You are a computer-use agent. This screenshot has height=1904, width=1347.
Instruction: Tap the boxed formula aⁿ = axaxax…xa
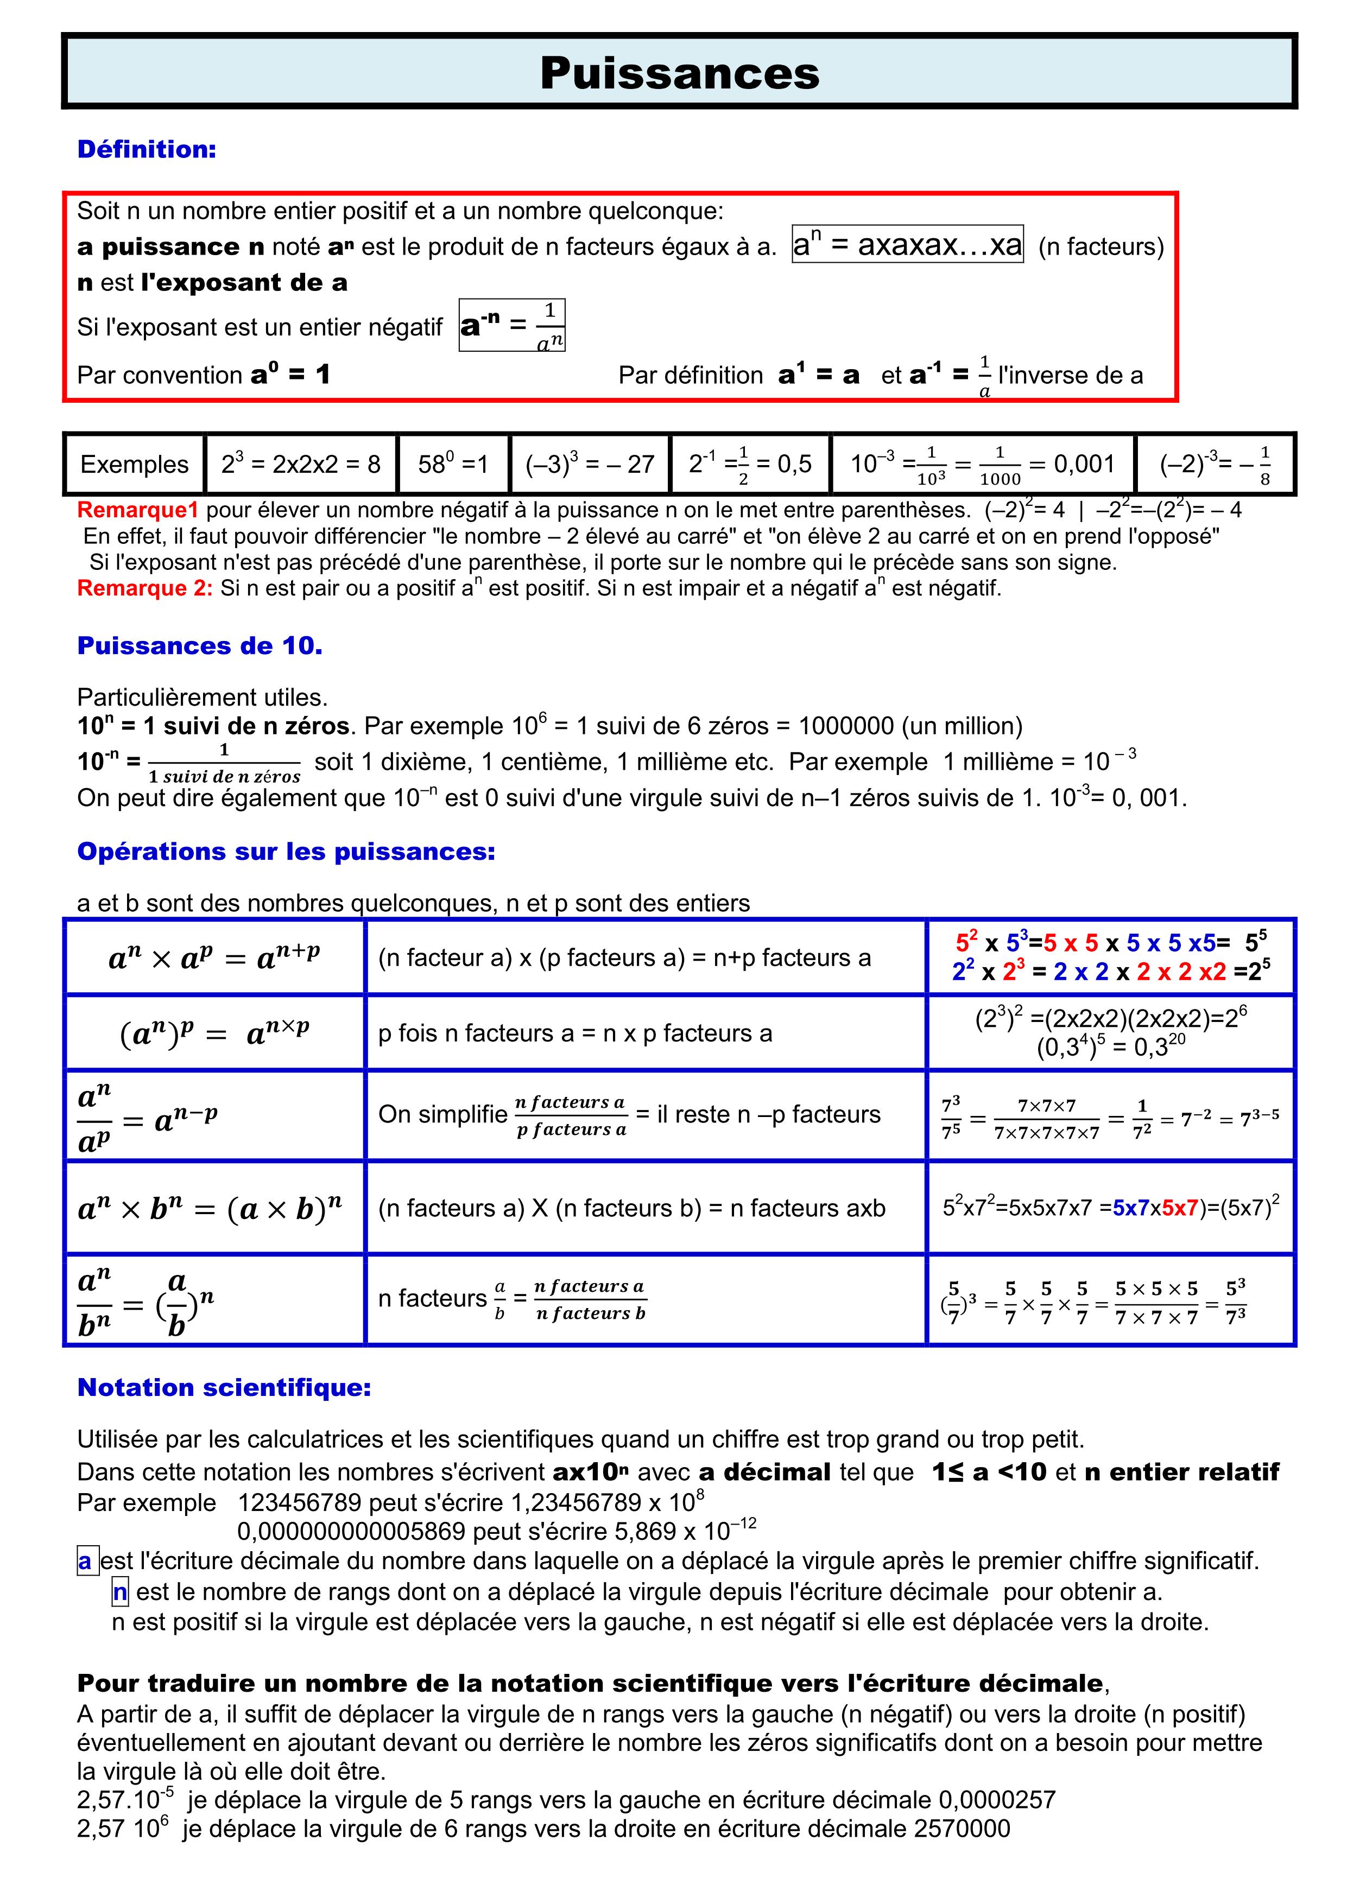(x=907, y=245)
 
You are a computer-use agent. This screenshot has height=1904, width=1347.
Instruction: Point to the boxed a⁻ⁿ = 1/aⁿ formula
(x=512, y=325)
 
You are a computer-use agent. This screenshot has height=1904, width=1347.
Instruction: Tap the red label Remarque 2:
(x=145, y=588)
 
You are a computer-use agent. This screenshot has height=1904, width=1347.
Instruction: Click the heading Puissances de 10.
(x=200, y=645)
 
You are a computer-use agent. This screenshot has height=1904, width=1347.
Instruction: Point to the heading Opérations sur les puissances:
(x=286, y=851)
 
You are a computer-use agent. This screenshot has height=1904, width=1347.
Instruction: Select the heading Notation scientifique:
(x=224, y=1387)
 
